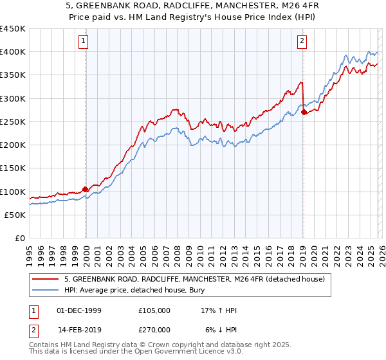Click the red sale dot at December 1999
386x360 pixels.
click(85, 190)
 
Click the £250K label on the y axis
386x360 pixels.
click(13, 122)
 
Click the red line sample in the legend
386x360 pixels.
click(46, 279)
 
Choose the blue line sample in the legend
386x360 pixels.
click(46, 290)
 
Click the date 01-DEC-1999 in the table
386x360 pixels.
click(78, 310)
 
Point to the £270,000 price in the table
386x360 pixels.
click(154, 329)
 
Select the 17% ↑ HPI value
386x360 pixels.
click(219, 310)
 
